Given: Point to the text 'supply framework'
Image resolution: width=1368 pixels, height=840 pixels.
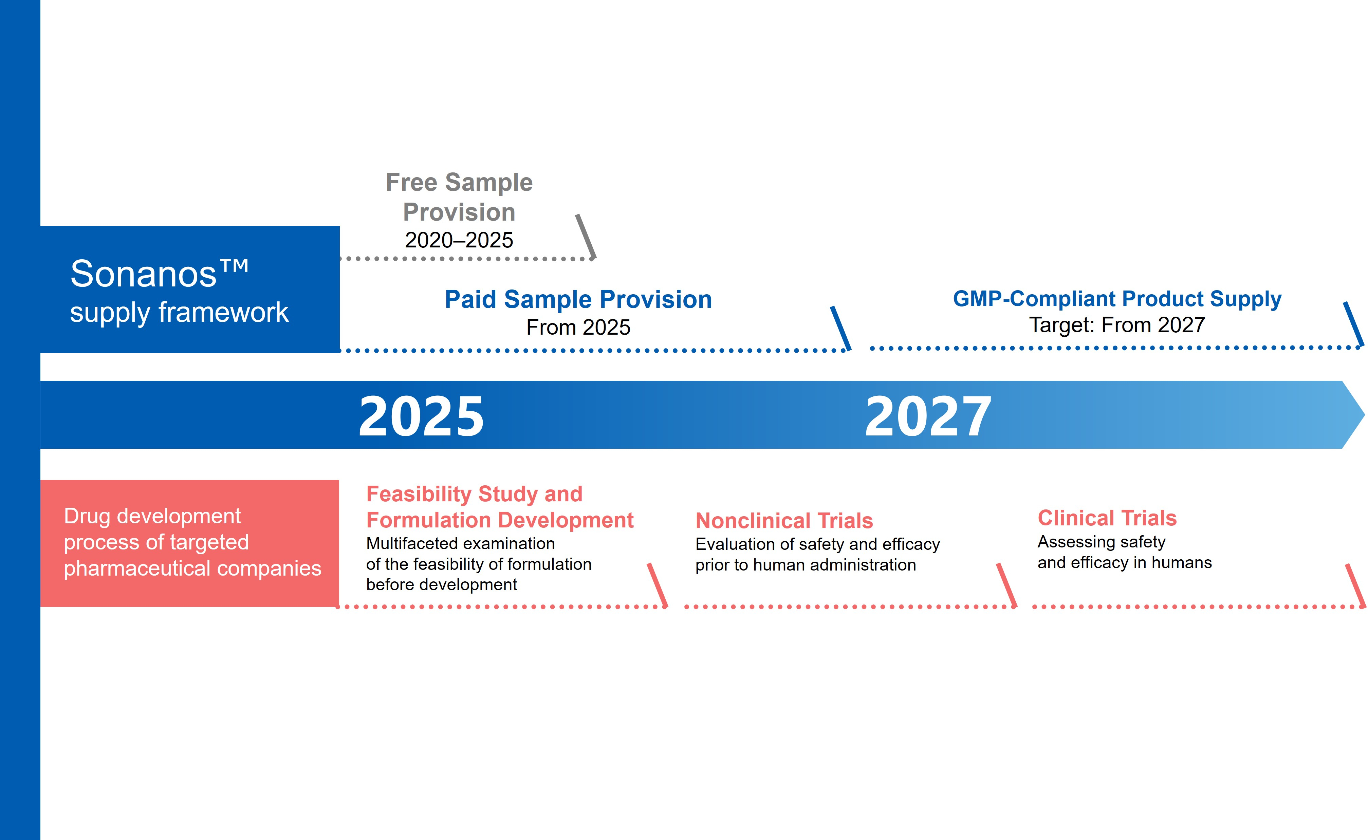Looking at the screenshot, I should (x=179, y=312).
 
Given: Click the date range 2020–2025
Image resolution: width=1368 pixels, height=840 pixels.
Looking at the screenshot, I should (x=459, y=240).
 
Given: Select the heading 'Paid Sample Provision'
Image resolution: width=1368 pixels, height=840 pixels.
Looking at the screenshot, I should (x=578, y=299).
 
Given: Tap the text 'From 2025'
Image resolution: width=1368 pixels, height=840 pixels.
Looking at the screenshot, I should (x=578, y=327).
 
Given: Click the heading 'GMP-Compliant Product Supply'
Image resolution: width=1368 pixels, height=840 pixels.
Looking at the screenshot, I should (x=1117, y=299).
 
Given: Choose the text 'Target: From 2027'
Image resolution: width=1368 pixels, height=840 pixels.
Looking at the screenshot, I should (x=1117, y=325).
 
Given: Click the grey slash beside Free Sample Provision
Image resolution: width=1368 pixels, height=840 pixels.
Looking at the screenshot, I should (x=586, y=236).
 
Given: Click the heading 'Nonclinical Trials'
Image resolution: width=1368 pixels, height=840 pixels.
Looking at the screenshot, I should (x=784, y=521).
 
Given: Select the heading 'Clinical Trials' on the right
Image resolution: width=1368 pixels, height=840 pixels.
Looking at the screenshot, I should (x=1107, y=518).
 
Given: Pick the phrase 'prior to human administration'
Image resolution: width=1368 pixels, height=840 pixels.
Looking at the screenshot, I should (x=805, y=565).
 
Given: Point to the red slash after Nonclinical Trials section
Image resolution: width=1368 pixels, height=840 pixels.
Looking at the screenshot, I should (x=1006, y=585).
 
